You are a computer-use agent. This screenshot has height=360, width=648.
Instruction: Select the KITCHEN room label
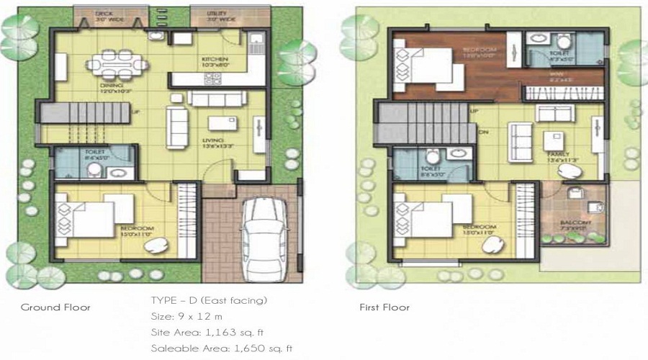pyautogui.click(x=215, y=59)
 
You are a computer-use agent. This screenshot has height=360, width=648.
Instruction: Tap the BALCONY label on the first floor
pyautogui.click(x=576, y=223)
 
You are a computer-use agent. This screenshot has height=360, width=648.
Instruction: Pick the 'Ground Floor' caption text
pyautogui.click(x=55, y=307)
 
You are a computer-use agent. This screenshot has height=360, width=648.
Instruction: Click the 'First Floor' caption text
pyautogui.click(x=384, y=307)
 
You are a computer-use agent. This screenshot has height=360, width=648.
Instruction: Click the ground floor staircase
pyautogui.click(x=79, y=112)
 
